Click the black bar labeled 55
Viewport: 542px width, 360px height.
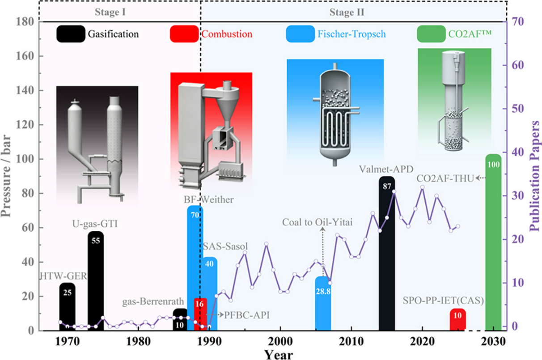pos(96,281)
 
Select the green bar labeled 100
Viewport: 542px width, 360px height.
pos(493,242)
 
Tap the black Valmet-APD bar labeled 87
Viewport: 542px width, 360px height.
pos(387,253)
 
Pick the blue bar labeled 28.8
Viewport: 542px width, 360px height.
pos(323,303)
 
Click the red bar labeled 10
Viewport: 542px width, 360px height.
pos(458,319)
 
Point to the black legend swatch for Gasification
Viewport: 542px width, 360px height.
pos(71,34)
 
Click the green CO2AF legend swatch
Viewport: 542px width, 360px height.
pos(431,34)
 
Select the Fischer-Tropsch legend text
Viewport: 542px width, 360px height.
pos(351,34)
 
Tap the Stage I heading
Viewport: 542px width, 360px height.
pos(110,12)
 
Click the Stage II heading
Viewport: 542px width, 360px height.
pos(347,12)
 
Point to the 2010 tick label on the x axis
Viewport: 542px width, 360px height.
pos(351,342)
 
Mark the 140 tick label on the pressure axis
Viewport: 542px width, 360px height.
pos(25,90)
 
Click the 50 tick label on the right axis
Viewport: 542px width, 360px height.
pos(517,109)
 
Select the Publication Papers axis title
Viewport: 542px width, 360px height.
pos(534,176)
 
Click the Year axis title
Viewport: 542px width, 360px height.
pos(279,355)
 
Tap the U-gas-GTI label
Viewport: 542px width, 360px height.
pos(95,224)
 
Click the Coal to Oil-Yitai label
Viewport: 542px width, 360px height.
pos(317,222)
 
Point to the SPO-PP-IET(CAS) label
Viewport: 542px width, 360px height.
pos(443,301)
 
